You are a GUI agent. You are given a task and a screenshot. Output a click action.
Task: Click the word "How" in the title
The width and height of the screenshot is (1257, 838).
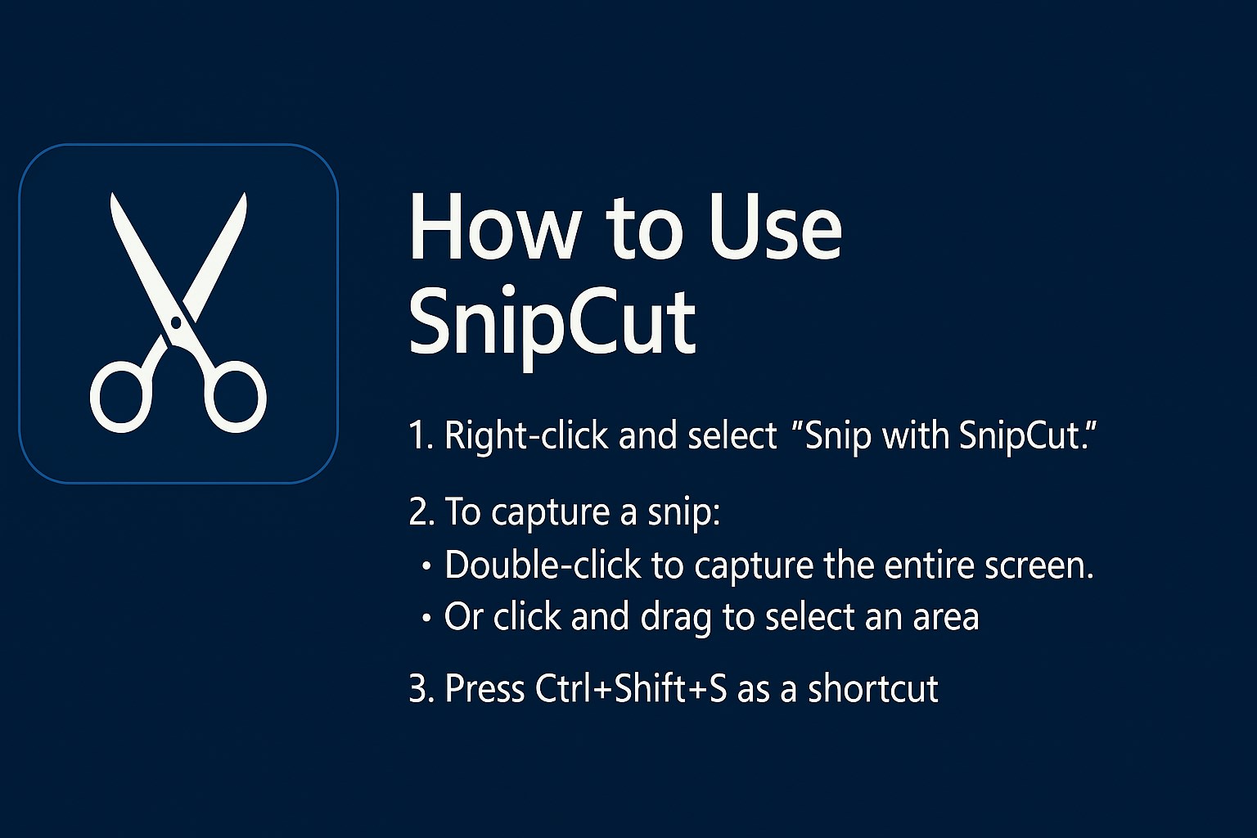pos(493,228)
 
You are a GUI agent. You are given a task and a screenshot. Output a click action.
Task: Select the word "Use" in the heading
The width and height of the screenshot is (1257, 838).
pos(776,228)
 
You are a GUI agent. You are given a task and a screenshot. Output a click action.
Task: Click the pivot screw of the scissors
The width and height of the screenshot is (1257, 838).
pos(176,322)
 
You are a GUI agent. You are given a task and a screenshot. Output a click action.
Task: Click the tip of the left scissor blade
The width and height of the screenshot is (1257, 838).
pos(112,194)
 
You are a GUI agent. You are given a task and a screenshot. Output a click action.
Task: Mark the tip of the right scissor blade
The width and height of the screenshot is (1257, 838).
pos(245,194)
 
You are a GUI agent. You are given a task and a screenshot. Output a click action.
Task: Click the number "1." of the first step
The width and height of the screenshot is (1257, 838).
pos(421,435)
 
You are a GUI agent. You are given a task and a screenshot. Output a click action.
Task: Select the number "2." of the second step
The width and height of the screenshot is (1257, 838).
pos(422,511)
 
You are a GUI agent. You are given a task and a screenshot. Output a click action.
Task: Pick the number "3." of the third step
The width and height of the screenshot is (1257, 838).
pos(422,688)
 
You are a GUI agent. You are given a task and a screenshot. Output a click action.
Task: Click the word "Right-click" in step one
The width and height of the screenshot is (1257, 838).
pos(526,437)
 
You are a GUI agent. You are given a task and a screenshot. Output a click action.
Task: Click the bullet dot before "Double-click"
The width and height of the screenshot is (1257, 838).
pos(426,566)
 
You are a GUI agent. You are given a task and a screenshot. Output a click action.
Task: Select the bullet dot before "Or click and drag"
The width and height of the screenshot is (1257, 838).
pos(426,618)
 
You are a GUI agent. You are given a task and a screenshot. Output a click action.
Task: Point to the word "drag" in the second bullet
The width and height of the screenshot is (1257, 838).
pos(676,619)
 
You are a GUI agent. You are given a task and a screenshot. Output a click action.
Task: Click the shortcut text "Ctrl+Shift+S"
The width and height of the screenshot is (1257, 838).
pos(631,688)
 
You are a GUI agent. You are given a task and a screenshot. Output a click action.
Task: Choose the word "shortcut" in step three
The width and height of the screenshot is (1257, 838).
pos(873,688)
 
